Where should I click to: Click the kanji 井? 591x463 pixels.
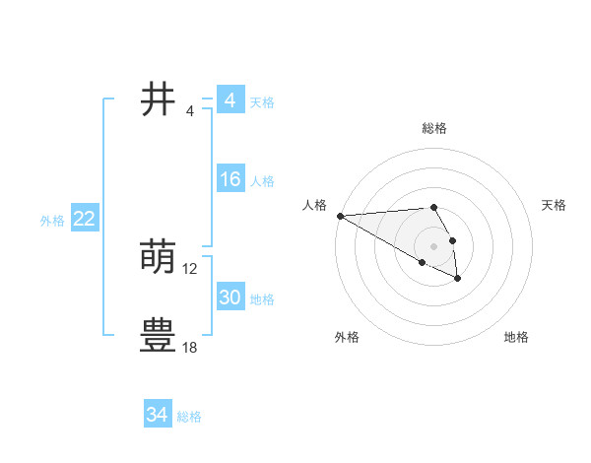(x=158, y=99)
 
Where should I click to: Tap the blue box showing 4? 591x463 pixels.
(x=230, y=100)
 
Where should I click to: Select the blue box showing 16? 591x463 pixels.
(x=230, y=180)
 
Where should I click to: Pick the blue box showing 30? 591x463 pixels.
(x=230, y=298)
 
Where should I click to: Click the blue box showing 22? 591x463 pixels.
(x=84, y=220)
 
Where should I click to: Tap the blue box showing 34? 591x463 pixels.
(x=157, y=415)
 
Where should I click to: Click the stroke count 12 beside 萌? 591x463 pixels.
(x=190, y=269)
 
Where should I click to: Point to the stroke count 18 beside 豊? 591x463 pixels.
(x=190, y=348)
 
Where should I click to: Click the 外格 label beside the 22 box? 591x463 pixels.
(x=52, y=221)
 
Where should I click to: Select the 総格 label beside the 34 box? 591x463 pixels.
(x=189, y=417)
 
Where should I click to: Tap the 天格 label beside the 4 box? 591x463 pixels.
(x=262, y=102)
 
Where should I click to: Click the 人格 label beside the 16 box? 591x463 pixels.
(x=262, y=181)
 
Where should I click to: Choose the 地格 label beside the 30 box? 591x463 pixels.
(x=262, y=299)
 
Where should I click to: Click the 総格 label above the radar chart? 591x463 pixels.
(x=433, y=128)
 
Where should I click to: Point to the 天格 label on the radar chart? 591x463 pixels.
(x=554, y=205)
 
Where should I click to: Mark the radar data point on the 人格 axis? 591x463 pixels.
(x=340, y=216)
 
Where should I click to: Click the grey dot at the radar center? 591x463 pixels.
(x=433, y=245)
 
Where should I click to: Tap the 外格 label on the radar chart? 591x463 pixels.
(x=347, y=337)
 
